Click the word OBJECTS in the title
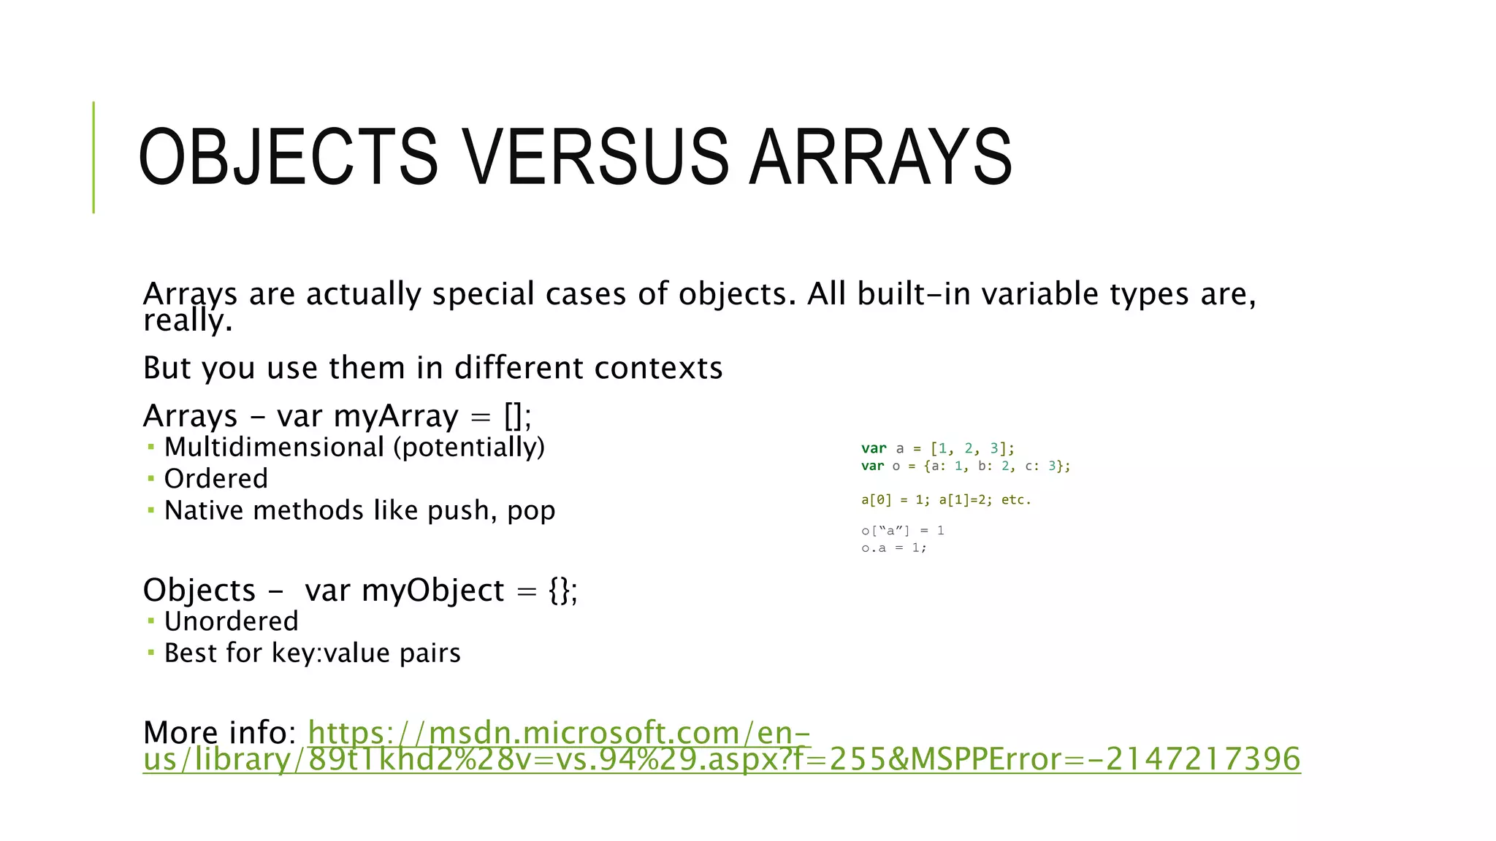288,157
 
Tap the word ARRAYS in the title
880,157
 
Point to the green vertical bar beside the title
93,157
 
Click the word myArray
395,416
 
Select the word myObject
432,590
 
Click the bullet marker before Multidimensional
150,447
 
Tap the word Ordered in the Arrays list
216,479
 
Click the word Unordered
231,621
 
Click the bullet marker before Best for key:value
150,652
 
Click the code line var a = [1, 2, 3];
937,448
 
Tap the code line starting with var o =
965,466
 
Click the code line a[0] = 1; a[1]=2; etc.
945,500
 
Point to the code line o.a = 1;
893,548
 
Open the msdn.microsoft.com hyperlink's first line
559,732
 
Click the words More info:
219,732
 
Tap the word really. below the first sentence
188,320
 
